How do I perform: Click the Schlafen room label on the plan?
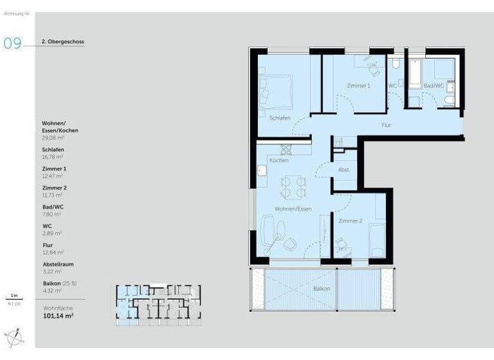coord(280,118)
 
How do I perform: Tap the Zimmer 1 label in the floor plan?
coord(358,85)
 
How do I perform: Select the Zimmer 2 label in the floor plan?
coord(351,221)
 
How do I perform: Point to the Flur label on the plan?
coord(386,125)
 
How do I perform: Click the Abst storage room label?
coord(343,170)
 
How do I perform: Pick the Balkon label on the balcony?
coord(322,289)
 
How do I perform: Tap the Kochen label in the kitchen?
coord(279,160)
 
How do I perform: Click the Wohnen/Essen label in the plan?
coord(293,209)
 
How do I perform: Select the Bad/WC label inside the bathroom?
coord(434,85)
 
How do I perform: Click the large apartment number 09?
coord(13,43)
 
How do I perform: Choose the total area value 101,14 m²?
coord(59,316)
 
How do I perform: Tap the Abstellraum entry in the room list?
coord(58,264)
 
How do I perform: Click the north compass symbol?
coord(14,337)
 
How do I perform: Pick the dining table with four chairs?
coord(293,187)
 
